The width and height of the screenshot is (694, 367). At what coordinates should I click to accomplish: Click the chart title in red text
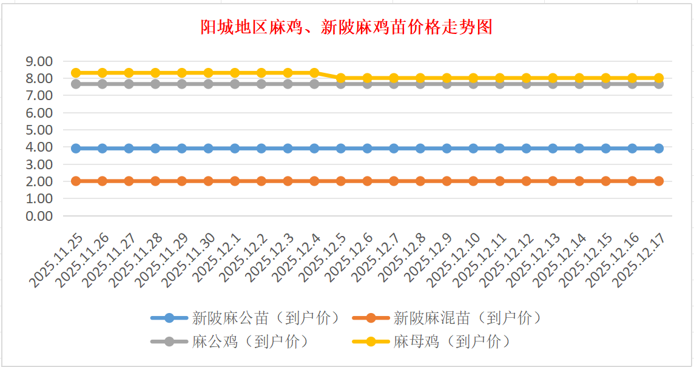click(x=346, y=27)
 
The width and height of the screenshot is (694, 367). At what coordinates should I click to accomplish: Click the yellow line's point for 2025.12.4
click(x=314, y=73)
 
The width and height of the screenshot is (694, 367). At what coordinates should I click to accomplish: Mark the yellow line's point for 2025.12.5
click(x=341, y=78)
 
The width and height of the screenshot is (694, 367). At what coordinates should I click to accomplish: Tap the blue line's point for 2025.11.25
click(x=76, y=148)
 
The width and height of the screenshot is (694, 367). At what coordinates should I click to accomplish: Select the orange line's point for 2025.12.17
click(x=659, y=181)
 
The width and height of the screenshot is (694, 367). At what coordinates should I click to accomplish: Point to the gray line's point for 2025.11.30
click(x=208, y=84)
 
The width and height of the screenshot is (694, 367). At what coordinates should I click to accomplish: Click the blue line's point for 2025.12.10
click(x=473, y=148)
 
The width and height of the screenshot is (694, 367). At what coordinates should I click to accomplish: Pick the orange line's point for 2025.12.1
click(x=235, y=181)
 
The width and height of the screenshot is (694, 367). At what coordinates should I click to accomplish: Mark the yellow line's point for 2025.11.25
click(x=76, y=73)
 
